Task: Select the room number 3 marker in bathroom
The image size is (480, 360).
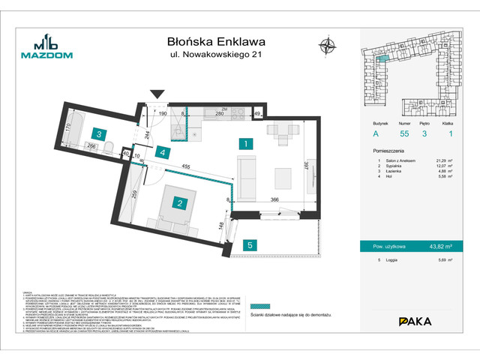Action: [99, 134]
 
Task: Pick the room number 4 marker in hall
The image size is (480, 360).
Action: [163, 152]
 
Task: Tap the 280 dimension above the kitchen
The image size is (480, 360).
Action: [220, 114]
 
